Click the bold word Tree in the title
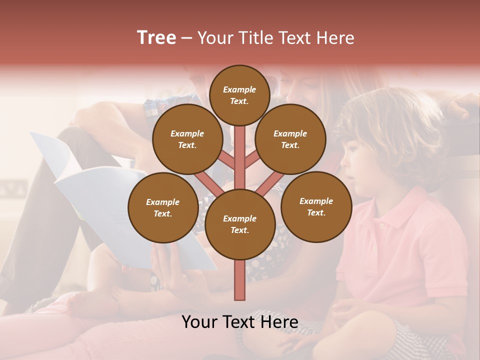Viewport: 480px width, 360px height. tap(156, 38)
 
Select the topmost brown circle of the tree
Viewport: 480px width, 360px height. tap(239, 95)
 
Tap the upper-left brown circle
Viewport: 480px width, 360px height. tap(187, 139)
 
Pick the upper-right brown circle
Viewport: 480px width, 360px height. tap(290, 139)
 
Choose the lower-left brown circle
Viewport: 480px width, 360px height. tap(162, 207)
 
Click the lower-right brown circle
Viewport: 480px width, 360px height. tap(316, 206)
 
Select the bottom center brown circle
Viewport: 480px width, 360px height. tap(239, 224)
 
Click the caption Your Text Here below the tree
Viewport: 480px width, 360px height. tap(239, 322)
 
